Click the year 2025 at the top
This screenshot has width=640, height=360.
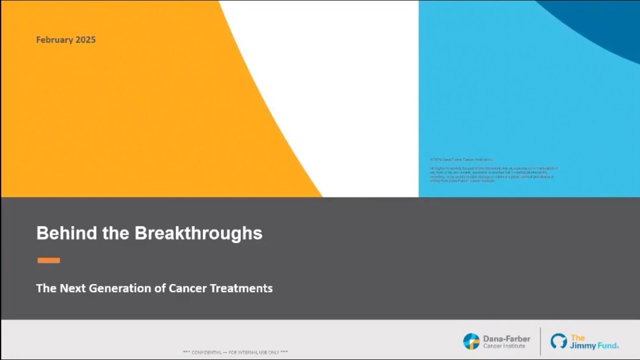[x=86, y=40]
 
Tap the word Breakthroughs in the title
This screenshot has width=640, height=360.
[x=198, y=233]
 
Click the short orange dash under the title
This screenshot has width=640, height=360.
[x=48, y=260]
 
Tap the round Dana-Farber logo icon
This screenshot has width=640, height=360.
[x=471, y=341]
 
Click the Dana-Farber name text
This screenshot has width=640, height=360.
[x=506, y=338]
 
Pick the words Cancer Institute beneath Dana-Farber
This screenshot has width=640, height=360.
[x=504, y=346]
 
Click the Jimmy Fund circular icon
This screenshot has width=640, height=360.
[x=558, y=341]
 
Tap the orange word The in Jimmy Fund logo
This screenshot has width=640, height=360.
[x=577, y=337]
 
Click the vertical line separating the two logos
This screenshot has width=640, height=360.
[x=540, y=341]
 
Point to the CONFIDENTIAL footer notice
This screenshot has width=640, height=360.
[x=235, y=352]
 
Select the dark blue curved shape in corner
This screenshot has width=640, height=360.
[x=600, y=20]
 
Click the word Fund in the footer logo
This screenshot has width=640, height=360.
[x=607, y=345]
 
